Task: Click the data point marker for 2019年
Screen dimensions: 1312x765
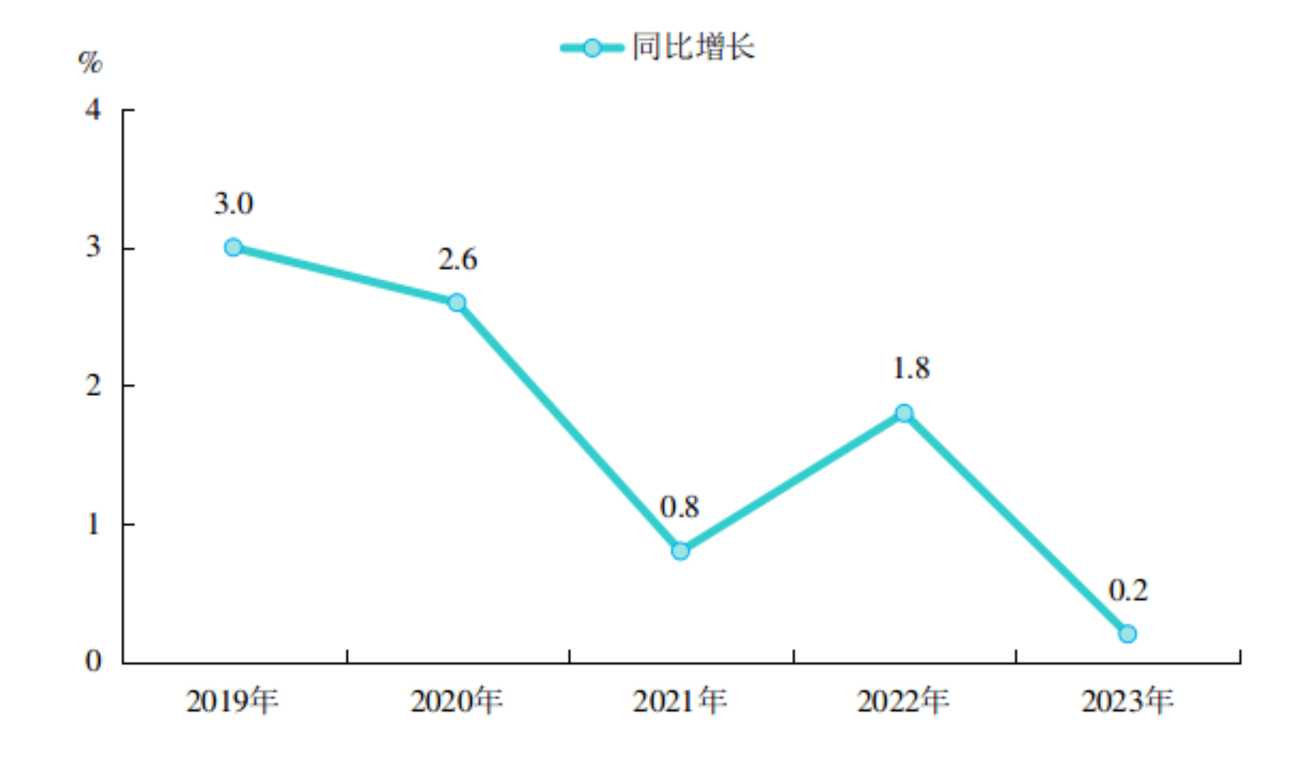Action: pyautogui.click(x=233, y=247)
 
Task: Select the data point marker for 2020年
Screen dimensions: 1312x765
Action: pyautogui.click(x=457, y=303)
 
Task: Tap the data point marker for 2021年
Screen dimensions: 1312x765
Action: pyautogui.click(x=680, y=551)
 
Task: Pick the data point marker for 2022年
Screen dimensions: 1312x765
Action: pyautogui.click(x=904, y=413)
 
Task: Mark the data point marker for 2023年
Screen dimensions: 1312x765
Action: pyautogui.click(x=1128, y=633)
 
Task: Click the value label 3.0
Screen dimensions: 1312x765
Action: pyautogui.click(x=234, y=204)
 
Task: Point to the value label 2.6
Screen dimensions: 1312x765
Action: pyautogui.click(x=457, y=259)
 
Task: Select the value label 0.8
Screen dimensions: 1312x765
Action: pyautogui.click(x=680, y=507)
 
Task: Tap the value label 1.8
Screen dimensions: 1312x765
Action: pyautogui.click(x=911, y=368)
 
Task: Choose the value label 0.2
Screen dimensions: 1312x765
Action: pyautogui.click(x=1128, y=590)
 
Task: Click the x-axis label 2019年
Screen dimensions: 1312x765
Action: pyautogui.click(x=232, y=702)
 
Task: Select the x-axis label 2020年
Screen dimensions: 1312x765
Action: pyautogui.click(x=457, y=702)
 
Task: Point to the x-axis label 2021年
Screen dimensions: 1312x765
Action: pyautogui.click(x=680, y=702)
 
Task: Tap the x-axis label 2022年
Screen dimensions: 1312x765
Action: pyautogui.click(x=903, y=702)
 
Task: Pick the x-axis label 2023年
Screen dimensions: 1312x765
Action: pyautogui.click(x=1127, y=702)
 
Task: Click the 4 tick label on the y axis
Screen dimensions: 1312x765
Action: pyautogui.click(x=93, y=110)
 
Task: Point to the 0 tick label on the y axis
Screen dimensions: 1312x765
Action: pyautogui.click(x=93, y=662)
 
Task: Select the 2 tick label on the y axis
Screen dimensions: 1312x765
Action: pyautogui.click(x=93, y=386)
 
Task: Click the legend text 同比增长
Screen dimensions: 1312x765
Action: pyautogui.click(x=693, y=47)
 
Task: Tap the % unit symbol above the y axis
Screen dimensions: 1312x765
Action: pyautogui.click(x=90, y=62)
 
